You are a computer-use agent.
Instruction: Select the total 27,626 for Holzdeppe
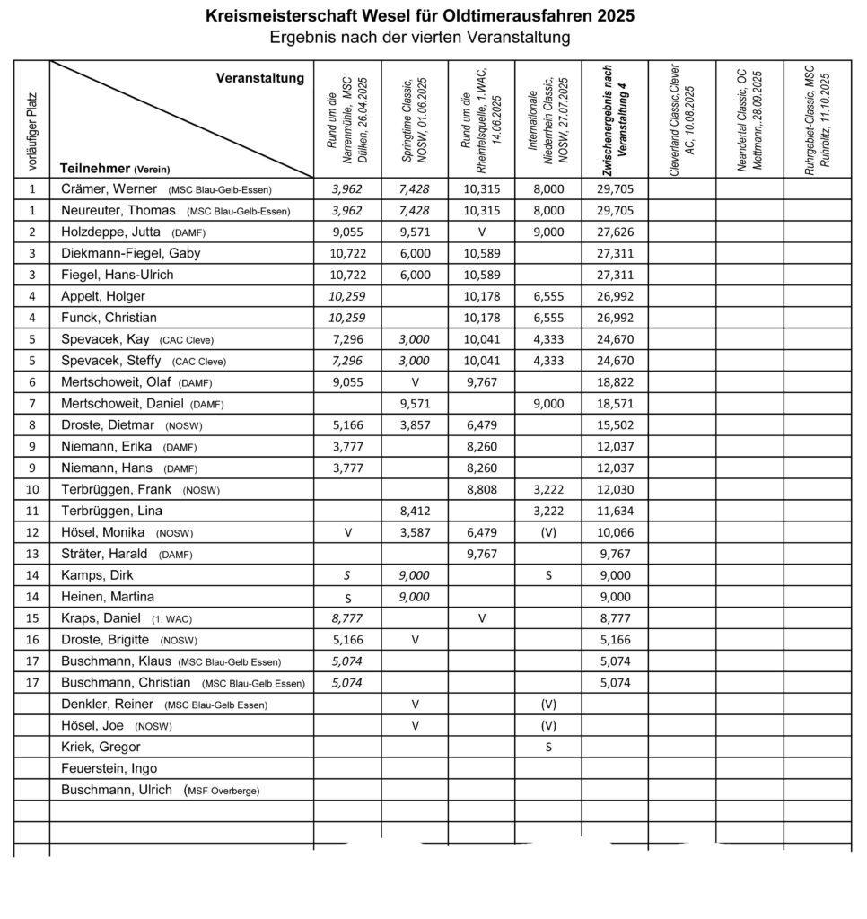pyautogui.click(x=616, y=232)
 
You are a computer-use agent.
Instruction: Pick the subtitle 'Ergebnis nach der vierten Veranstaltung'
pyautogui.click(x=420, y=38)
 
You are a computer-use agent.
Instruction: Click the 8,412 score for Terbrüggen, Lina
pyautogui.click(x=414, y=510)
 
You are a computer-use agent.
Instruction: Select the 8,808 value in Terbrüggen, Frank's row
pyautogui.click(x=481, y=489)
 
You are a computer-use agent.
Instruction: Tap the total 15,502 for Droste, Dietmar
pyautogui.click(x=616, y=424)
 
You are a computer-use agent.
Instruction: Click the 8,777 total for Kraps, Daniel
pyautogui.click(x=616, y=617)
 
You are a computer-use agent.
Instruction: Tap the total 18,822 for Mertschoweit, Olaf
pyautogui.click(x=616, y=381)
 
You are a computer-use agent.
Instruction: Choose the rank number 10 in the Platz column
pyautogui.click(x=32, y=489)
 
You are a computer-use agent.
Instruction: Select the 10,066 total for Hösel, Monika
pyautogui.click(x=616, y=531)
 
